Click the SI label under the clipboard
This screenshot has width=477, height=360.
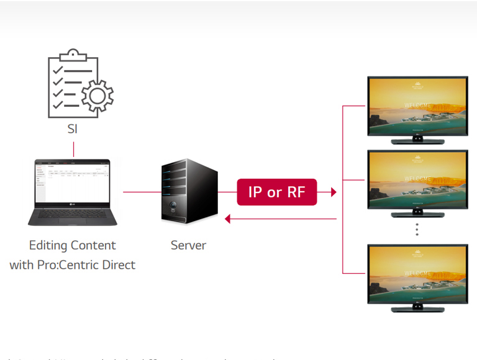coord(73,130)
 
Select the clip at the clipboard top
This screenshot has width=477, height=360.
coord(74,54)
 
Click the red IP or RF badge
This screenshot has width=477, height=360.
coord(276,192)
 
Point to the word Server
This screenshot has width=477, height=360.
coord(188,245)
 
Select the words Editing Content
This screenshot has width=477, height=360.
coord(73,245)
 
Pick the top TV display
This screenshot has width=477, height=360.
coord(417,106)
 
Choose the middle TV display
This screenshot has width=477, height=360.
coord(417,180)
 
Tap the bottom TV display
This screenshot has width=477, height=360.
coord(417,273)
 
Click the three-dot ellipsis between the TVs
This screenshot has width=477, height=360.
coord(417,230)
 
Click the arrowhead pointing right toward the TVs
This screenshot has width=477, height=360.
coord(334,192)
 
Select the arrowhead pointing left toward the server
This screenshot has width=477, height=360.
coord(228,218)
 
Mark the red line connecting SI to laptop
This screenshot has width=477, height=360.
coord(73,150)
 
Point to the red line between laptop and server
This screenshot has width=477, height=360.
coord(142,192)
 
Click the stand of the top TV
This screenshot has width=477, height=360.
coord(417,140)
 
